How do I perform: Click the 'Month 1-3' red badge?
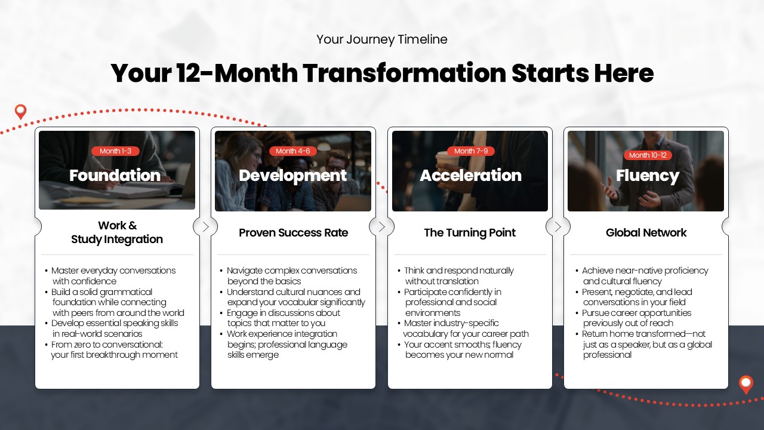pos(115,151)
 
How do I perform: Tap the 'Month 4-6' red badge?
pos(293,151)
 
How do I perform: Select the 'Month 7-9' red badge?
pos(471,151)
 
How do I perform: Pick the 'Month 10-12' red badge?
pos(648,155)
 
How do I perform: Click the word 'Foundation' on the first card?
pos(115,176)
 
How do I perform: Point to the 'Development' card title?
pos(292,176)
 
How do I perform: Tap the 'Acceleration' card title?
pos(471,176)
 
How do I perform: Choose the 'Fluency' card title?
pos(648,176)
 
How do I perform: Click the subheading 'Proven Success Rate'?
pos(293,233)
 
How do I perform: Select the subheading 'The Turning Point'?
pos(470,233)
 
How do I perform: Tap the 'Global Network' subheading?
pos(646,233)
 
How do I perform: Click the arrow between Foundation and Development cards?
pos(205,226)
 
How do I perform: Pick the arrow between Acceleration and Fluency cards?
pos(557,226)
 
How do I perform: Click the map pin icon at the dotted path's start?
pos(20,112)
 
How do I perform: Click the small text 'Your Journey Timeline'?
pos(381,39)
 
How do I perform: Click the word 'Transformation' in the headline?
pos(405,73)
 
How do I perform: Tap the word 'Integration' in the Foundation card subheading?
pos(133,239)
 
